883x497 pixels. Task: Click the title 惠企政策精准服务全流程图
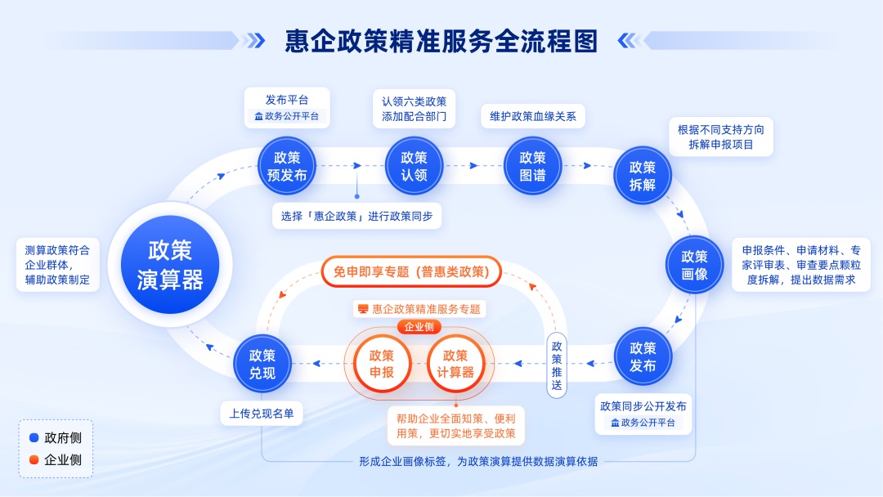(x=441, y=40)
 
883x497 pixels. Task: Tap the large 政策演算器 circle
(x=170, y=266)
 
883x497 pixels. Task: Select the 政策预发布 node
(x=286, y=166)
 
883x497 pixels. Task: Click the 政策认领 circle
(x=414, y=166)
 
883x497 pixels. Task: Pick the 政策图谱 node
(x=532, y=166)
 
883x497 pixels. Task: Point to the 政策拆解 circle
(x=643, y=176)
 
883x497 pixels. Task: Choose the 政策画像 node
(x=695, y=265)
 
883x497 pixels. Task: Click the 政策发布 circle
(x=643, y=356)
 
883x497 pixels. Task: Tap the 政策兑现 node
(x=262, y=364)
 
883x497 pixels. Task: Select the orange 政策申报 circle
(x=382, y=364)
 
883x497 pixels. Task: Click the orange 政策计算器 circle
(x=455, y=364)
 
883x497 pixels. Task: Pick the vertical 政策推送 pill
(x=557, y=365)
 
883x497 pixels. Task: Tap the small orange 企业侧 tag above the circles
(x=419, y=327)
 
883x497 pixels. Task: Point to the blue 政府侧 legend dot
(x=34, y=438)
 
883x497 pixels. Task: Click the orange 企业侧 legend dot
(x=34, y=459)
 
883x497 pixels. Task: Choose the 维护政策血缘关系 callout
(x=532, y=116)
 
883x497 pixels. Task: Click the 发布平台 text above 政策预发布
(x=287, y=100)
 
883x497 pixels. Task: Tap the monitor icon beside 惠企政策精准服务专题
(x=363, y=309)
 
